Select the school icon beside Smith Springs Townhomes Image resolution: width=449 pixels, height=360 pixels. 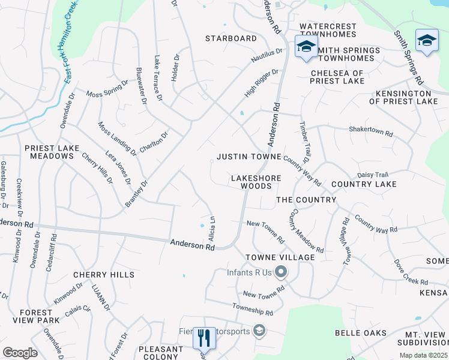coord(306,46)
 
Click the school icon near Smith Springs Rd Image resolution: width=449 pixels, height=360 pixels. coord(427,40)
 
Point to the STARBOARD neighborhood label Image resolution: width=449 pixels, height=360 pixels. coord(231,38)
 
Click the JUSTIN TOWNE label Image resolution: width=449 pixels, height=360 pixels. coord(249,157)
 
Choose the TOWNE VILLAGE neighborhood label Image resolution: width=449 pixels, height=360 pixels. coord(280,257)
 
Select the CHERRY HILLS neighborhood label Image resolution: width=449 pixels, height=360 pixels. coord(104,275)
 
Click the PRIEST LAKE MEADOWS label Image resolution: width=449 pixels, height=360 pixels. coord(49,152)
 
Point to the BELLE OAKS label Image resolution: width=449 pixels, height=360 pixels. coord(360,334)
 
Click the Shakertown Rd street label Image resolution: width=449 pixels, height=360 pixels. coord(371,130)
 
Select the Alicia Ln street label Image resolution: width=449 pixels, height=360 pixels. coord(212,225)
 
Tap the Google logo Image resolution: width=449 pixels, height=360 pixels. coord(20,353)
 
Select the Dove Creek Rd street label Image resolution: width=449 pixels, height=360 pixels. coord(411,272)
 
